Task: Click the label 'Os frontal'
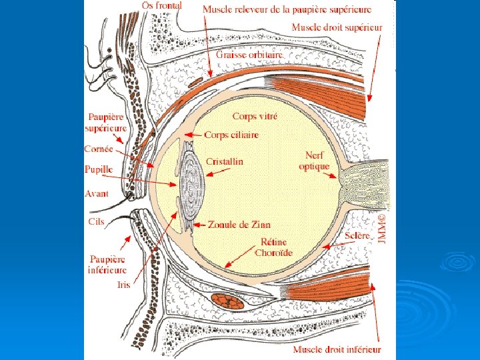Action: [162, 5]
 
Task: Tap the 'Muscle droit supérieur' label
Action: [337, 27]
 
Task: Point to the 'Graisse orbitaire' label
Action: [249, 55]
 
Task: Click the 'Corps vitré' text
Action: [255, 117]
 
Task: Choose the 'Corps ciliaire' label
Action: [231, 135]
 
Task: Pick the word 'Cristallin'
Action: [225, 161]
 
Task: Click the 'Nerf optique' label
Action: [314, 160]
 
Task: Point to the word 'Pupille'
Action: [99, 169]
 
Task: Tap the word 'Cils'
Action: [96, 221]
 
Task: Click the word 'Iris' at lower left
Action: [123, 284]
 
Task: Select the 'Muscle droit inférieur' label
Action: [337, 349]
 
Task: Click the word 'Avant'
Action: [97, 193]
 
